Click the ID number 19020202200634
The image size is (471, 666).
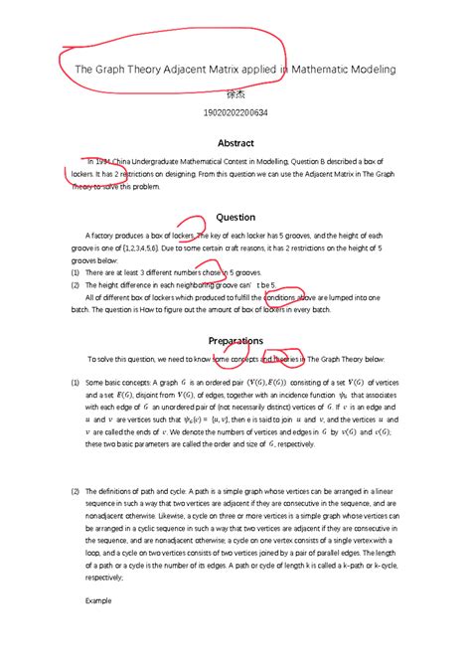(235, 114)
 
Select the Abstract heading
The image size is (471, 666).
(235, 143)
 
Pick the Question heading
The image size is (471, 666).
(235, 217)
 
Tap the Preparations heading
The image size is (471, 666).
(235, 341)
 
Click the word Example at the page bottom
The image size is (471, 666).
(98, 601)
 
